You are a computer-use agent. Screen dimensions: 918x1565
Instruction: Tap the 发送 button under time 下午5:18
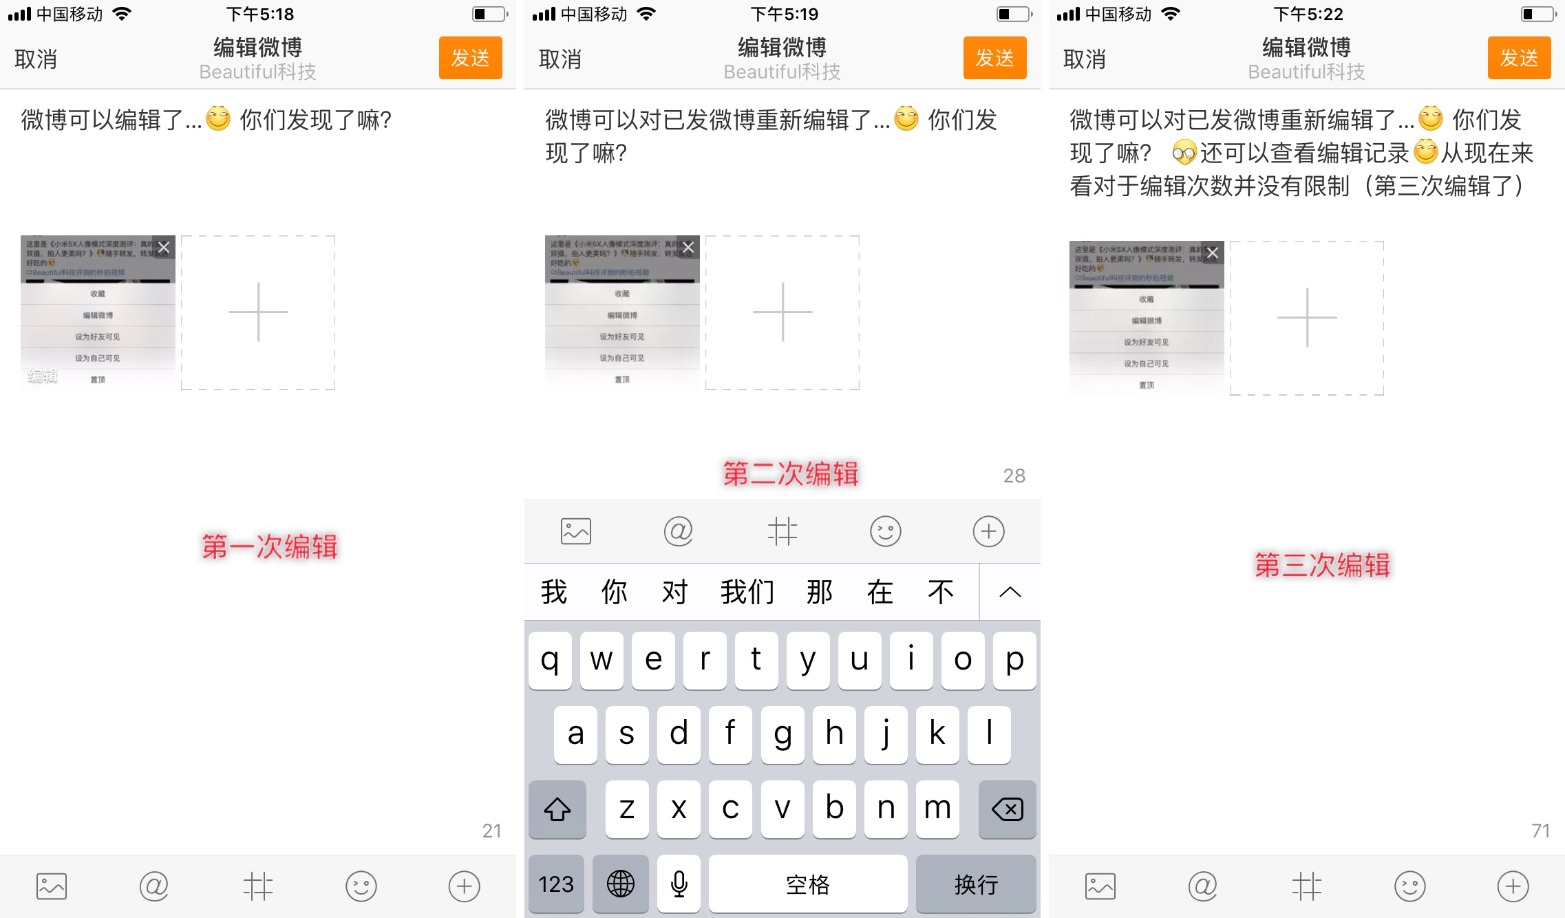(x=470, y=58)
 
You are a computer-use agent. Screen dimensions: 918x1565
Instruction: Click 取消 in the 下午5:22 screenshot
(x=1084, y=59)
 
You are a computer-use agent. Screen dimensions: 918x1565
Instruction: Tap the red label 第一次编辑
(x=270, y=547)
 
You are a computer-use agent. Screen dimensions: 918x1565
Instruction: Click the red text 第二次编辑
(x=790, y=474)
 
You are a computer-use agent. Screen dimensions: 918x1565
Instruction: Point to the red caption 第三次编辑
(x=1322, y=565)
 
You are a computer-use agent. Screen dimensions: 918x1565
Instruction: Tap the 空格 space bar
(x=807, y=884)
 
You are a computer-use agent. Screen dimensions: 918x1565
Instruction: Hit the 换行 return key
(x=975, y=884)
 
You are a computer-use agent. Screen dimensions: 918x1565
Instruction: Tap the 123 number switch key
(x=555, y=884)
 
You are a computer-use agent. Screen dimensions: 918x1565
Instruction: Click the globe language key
(x=620, y=884)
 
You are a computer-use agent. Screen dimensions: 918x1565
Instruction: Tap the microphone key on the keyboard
(x=679, y=884)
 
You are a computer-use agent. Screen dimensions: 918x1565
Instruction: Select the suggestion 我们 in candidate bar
(x=747, y=592)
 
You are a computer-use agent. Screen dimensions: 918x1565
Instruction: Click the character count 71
(x=1540, y=831)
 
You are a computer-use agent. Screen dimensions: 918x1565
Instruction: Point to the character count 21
(x=491, y=831)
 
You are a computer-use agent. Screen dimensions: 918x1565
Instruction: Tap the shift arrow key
(x=557, y=810)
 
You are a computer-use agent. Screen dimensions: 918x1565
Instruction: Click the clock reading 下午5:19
(x=784, y=14)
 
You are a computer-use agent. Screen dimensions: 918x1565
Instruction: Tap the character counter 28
(x=1014, y=476)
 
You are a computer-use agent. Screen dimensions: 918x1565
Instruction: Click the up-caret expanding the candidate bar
(x=1010, y=592)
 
